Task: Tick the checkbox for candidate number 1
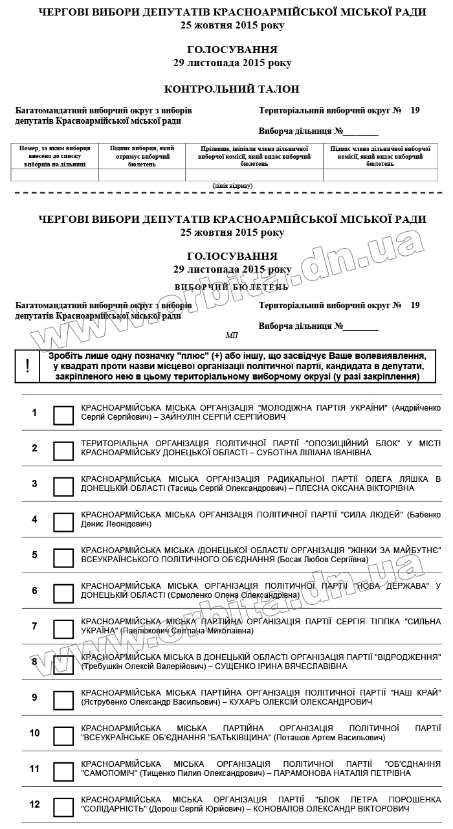63,415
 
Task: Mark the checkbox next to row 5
63,558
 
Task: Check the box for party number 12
63,807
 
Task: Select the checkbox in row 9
63,700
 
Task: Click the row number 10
35,733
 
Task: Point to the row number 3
35,484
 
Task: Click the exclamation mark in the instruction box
27,366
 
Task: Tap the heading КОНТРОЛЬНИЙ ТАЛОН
232,89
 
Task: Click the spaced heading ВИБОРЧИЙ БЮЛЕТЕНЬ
232,286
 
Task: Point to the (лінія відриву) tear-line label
232,186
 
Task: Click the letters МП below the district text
232,335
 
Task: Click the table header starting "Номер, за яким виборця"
55,156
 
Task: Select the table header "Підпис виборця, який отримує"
142,156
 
